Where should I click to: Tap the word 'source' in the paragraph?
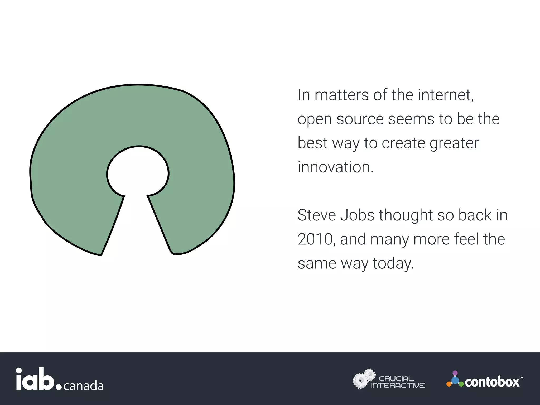pyautogui.click(x=360, y=119)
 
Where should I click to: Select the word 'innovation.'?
pyautogui.click(x=335, y=167)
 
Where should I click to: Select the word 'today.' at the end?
pyautogui.click(x=393, y=263)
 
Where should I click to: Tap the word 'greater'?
pyautogui.click(x=454, y=144)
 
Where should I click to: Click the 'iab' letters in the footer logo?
pyautogui.click(x=35, y=379)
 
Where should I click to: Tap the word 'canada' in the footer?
pyautogui.click(x=83, y=386)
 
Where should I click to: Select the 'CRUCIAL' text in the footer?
pyautogui.click(x=396, y=379)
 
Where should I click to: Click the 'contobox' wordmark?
pyautogui.click(x=492, y=382)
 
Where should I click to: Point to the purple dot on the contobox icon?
pyautogui.click(x=455, y=373)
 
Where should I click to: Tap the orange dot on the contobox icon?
pyautogui.click(x=449, y=384)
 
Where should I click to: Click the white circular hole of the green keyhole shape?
pyautogui.click(x=138, y=173)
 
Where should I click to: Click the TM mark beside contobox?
pyautogui.click(x=521, y=378)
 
